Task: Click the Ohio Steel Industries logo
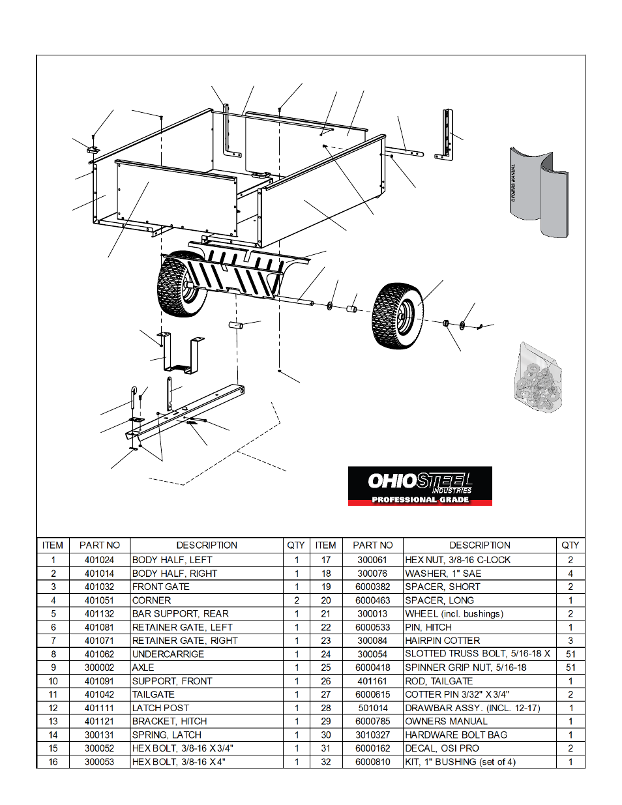point(420,486)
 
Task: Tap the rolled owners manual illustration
point(539,193)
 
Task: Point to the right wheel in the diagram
point(398,315)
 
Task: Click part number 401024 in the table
point(99,560)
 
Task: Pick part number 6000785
point(373,721)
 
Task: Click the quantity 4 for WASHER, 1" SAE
point(570,574)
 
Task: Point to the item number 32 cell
point(326,761)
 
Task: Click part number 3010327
point(373,735)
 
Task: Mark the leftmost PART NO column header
point(100,545)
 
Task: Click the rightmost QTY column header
point(570,545)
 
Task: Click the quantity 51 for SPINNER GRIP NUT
point(570,667)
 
